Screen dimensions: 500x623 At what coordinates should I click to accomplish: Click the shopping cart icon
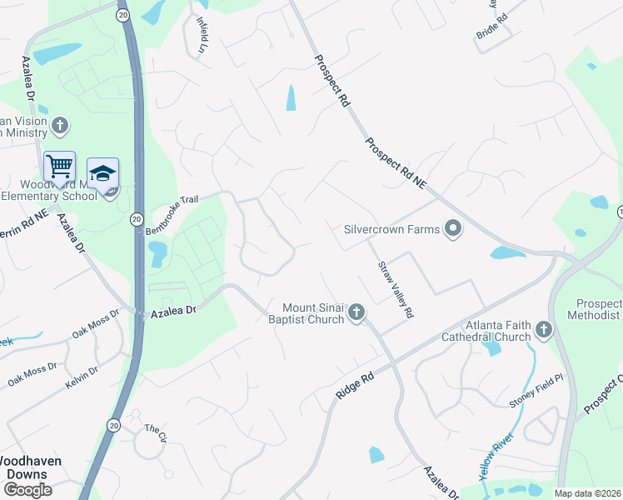[59, 166]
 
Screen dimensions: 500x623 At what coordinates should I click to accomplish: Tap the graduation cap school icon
[102, 173]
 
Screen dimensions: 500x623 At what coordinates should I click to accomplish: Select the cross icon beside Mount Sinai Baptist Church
[356, 312]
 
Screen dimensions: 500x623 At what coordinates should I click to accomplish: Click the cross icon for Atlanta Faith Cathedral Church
[544, 330]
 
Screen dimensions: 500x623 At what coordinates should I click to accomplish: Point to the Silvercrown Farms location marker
[452, 228]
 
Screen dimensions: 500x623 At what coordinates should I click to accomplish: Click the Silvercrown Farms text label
[391, 228]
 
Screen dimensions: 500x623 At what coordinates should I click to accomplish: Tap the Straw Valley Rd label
[396, 290]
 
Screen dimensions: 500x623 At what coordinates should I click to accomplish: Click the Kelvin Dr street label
[82, 377]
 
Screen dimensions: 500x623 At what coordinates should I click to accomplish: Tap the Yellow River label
[496, 457]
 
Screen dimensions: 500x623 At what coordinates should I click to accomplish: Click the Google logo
[27, 490]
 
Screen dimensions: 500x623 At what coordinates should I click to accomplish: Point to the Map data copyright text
[587, 493]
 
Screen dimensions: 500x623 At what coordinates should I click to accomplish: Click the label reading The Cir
[157, 434]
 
